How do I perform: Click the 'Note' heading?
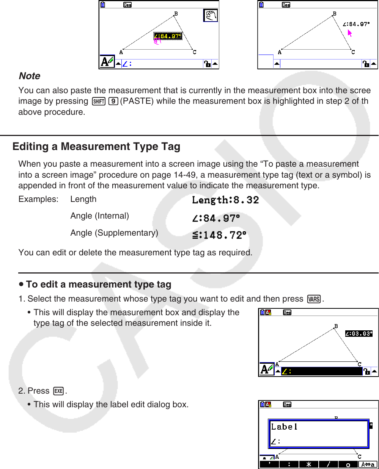coord(30,76)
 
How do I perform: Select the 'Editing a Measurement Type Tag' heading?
coord(96,147)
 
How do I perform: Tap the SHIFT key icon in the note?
coord(98,102)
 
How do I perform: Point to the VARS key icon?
coord(314,299)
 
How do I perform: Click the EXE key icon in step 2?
coord(58,391)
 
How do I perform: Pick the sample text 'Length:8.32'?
coord(225,200)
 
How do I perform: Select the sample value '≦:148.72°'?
coord(219,235)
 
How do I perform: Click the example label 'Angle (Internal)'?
coord(99,216)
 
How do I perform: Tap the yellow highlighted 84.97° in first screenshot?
coord(168,36)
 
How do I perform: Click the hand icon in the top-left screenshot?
coord(211,16)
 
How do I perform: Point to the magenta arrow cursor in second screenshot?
coord(350,33)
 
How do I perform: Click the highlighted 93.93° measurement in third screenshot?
coord(359,334)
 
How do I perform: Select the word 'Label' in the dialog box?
coord(284,427)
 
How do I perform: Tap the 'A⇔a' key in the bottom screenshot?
coord(368,465)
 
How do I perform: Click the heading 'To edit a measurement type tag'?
coord(98,285)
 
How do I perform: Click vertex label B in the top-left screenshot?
coord(176,14)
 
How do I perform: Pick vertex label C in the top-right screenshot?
coord(353,52)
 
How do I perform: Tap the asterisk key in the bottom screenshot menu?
coord(308,465)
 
